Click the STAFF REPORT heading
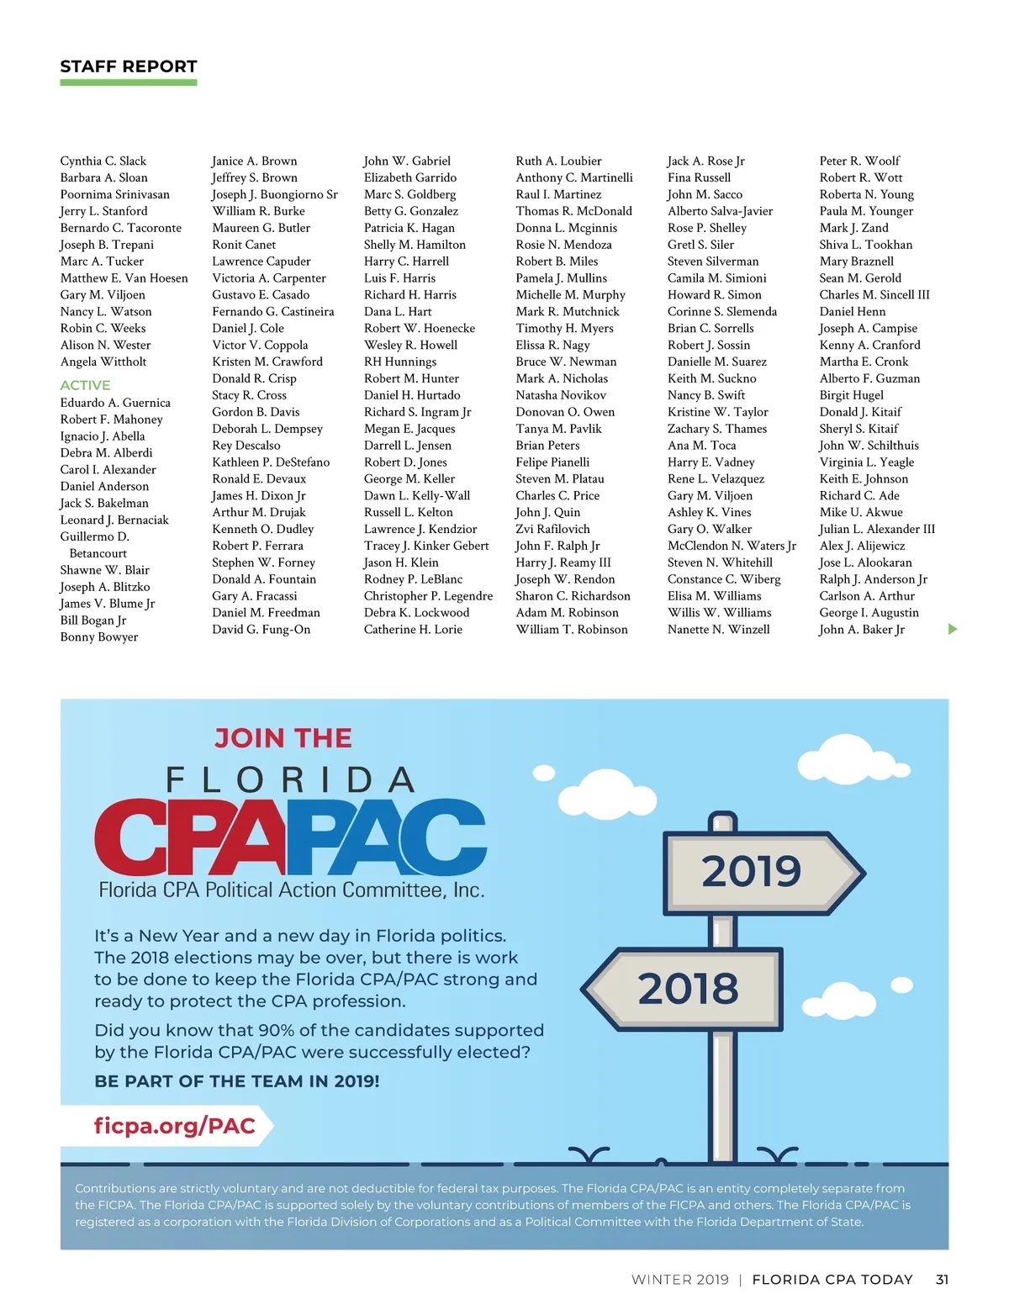pos(129,66)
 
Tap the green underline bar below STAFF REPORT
pos(129,82)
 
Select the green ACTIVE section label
pos(85,385)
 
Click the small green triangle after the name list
pos(953,629)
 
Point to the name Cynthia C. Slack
pos(103,161)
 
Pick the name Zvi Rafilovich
pos(552,529)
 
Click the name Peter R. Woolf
pos(859,161)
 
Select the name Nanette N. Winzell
pos(718,629)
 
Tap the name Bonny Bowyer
pos(99,637)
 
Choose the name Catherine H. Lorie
pos(413,629)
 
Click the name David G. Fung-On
pos(261,629)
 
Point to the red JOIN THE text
pos(283,738)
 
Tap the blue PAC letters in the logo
pos(395,836)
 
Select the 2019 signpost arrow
pos(761,871)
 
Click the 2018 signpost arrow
pos(685,989)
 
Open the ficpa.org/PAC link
pos(174,1126)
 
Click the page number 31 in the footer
pos(942,1279)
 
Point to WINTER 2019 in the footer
pos(679,1279)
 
